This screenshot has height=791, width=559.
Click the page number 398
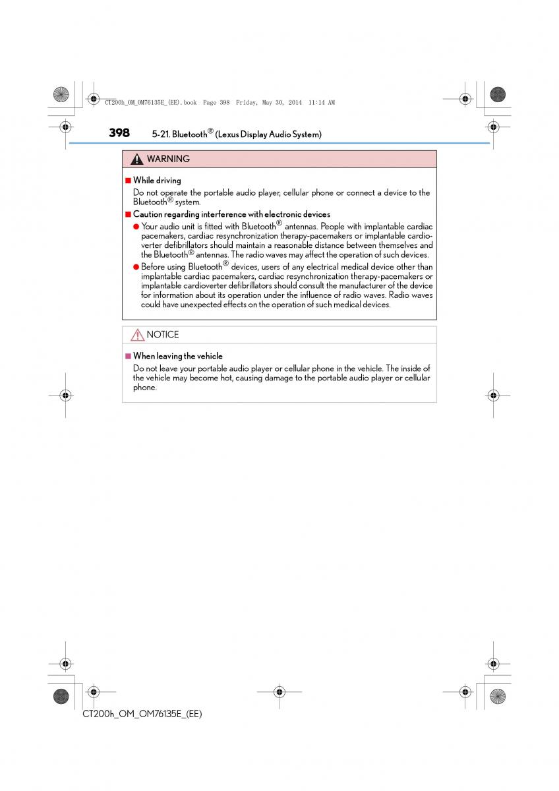click(119, 132)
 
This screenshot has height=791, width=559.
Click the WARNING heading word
click(168, 159)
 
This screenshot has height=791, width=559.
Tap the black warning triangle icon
click(136, 160)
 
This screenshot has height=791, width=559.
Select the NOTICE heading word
click(163, 335)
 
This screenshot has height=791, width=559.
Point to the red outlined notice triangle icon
click(137, 335)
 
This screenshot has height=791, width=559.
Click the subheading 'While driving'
click(157, 180)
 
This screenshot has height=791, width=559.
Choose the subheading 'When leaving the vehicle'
click(178, 356)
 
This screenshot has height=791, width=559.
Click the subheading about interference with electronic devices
click(231, 214)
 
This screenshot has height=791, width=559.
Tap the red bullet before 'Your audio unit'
click(136, 227)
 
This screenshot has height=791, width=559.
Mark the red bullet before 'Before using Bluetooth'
click(136, 267)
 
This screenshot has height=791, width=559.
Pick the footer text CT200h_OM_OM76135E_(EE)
click(142, 714)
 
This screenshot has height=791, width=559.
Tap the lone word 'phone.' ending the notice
click(145, 388)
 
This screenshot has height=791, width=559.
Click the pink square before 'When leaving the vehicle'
click(129, 356)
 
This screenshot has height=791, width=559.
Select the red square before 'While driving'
click(129, 180)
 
